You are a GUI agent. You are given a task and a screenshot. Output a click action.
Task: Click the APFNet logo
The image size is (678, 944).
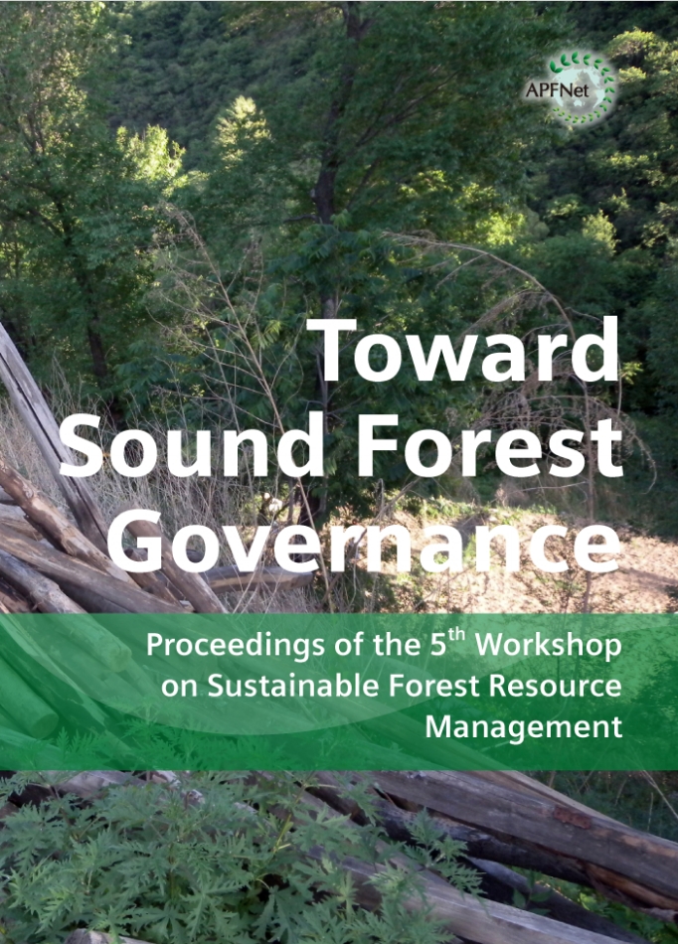point(571,88)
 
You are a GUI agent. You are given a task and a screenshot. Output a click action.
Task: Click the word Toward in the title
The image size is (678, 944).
point(463,350)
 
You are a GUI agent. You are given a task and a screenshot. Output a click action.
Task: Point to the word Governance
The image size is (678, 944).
point(364,542)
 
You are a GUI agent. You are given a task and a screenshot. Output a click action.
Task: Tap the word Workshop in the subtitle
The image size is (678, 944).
point(549,646)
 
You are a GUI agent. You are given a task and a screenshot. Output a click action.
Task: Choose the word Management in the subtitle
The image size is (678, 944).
point(524,727)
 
